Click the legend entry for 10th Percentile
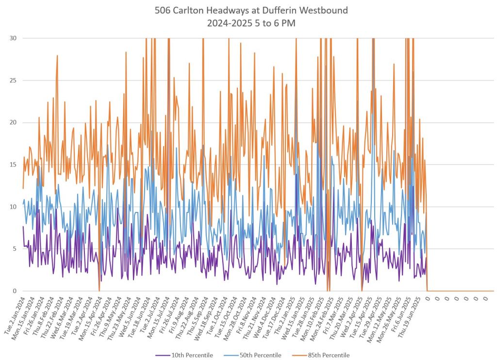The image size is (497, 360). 190,355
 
